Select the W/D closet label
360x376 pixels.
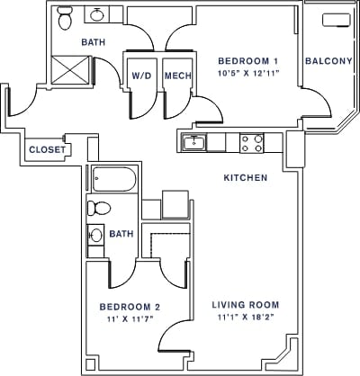[141, 76]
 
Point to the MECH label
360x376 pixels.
[176, 76]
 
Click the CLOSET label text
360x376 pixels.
[46, 150]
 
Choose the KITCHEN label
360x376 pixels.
[246, 178]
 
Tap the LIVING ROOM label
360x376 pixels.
[244, 304]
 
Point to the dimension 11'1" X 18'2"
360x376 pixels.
[244, 318]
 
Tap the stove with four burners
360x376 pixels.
[251, 140]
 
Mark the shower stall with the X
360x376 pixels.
[71, 69]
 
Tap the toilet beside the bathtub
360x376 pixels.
[99, 209]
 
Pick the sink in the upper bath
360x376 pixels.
[97, 14]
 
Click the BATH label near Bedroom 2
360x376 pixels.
[121, 234]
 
